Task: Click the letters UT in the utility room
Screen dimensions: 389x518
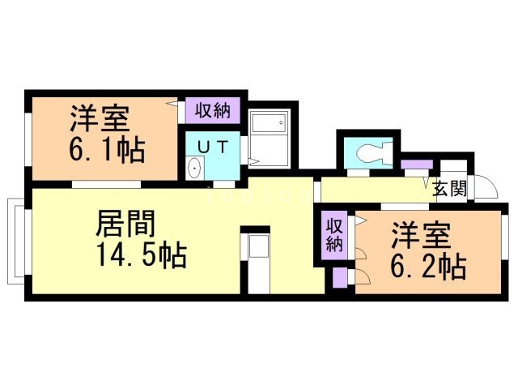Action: coord(213,146)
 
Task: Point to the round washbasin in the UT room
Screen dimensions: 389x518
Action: coord(194,169)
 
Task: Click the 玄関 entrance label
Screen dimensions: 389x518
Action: coord(448,190)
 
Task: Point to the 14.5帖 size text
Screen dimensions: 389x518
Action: coord(142,256)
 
